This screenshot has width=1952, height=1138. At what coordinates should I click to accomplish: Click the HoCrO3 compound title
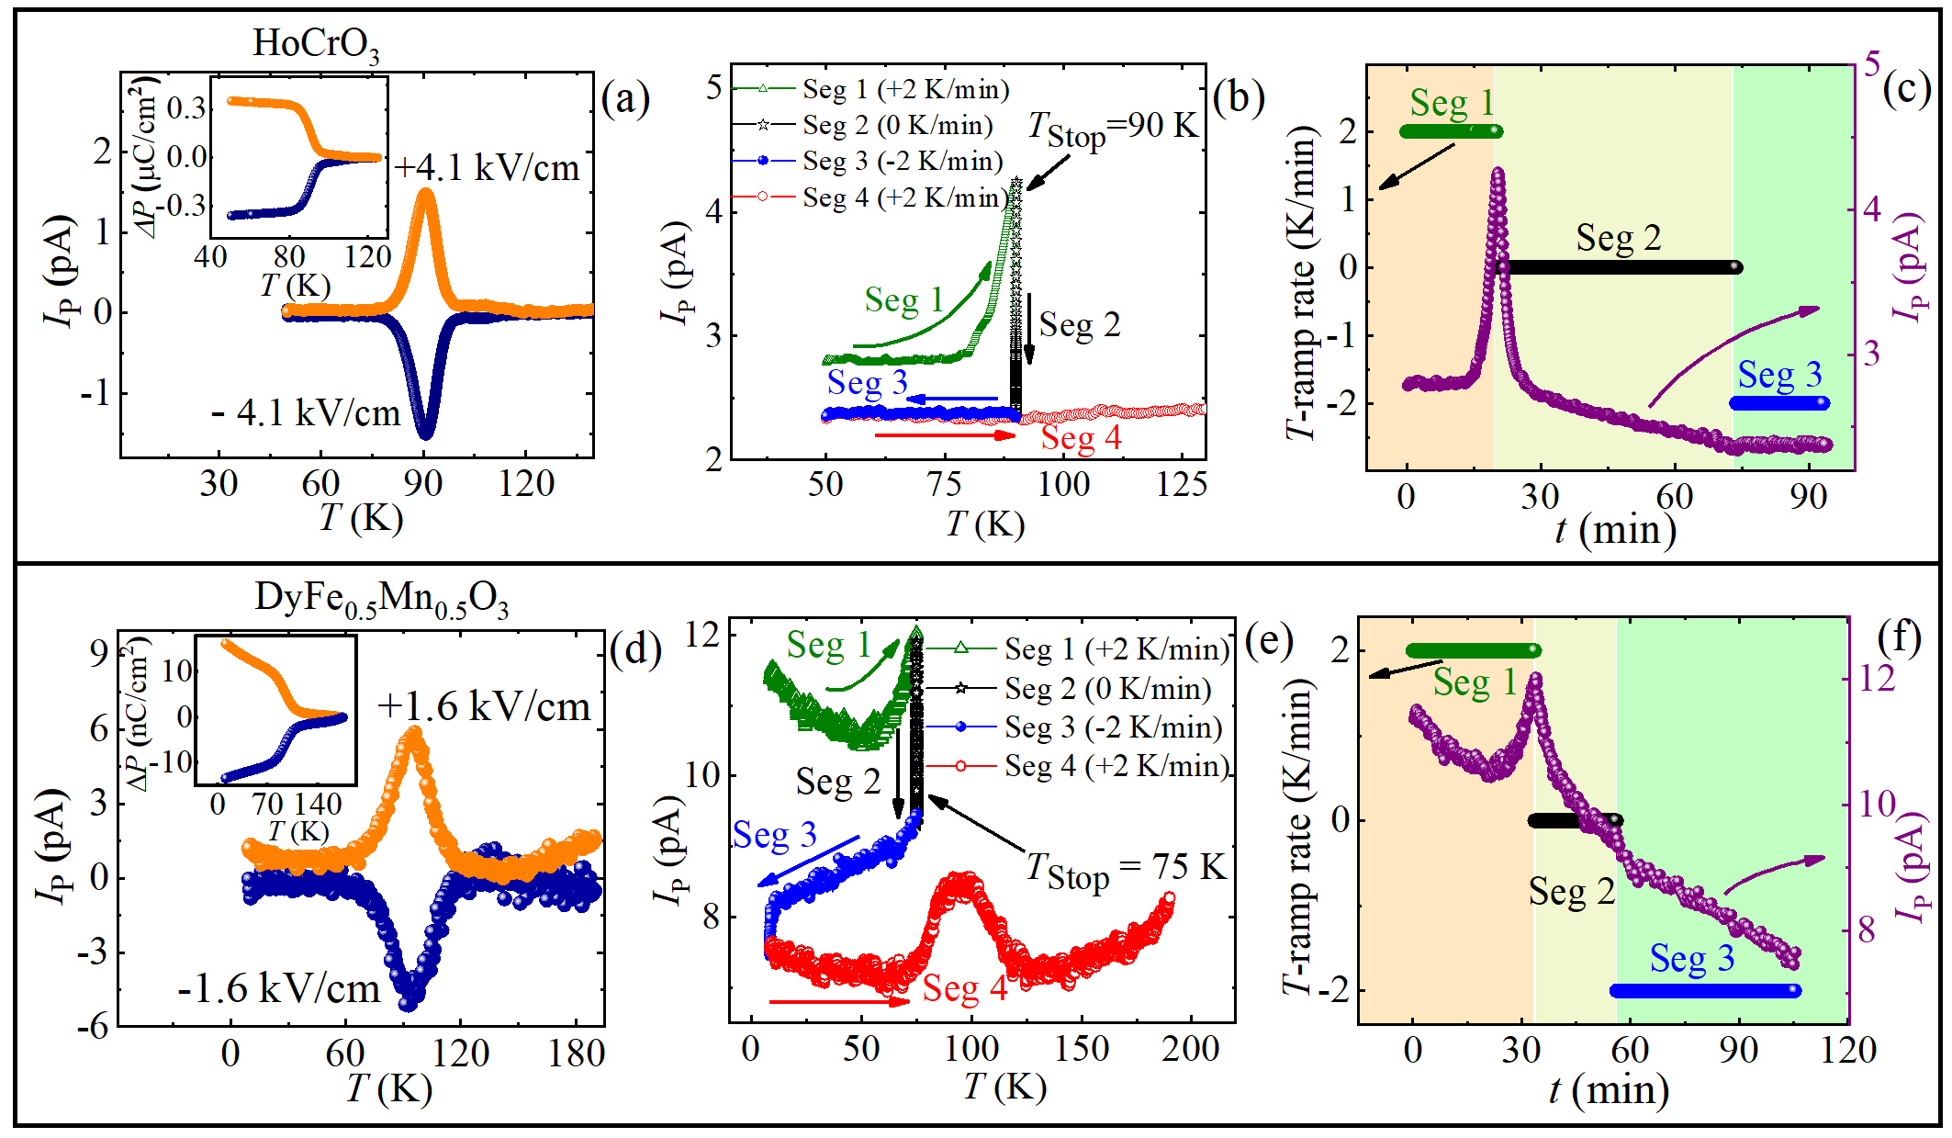pyautogui.click(x=316, y=44)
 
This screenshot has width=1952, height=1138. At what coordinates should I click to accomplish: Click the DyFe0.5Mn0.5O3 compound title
pyautogui.click(x=381, y=599)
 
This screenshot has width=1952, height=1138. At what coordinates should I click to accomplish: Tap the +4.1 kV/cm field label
pyautogui.click(x=488, y=168)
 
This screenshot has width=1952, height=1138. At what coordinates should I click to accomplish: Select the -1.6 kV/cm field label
pyautogui.click(x=278, y=989)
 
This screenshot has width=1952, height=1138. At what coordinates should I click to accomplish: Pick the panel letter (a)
pyautogui.click(x=625, y=97)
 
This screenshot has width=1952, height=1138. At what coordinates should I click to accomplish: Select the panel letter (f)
pyautogui.click(x=1900, y=637)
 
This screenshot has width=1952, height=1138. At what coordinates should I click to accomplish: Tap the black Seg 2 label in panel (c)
pyautogui.click(x=1619, y=239)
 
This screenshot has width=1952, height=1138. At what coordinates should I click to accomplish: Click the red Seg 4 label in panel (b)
pyautogui.click(x=1081, y=438)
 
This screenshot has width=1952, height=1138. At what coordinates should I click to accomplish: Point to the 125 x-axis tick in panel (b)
pyautogui.click(x=1182, y=484)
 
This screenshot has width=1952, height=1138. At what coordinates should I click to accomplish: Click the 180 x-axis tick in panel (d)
pyautogui.click(x=576, y=1053)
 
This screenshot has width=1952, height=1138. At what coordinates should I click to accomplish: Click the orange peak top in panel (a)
pyautogui.click(x=425, y=192)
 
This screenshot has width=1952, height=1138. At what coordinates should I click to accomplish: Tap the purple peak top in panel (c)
pyautogui.click(x=1498, y=172)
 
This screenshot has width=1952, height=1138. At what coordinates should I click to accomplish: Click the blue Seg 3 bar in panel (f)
pyautogui.click(x=1705, y=991)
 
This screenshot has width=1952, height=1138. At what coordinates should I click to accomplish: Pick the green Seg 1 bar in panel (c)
pyautogui.click(x=1451, y=131)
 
